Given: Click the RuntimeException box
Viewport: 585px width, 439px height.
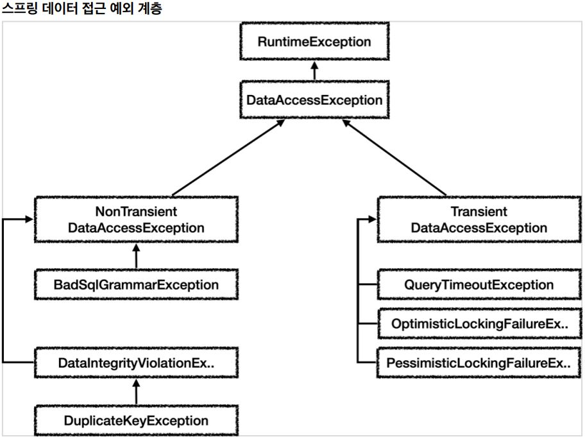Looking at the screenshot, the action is click(x=314, y=42).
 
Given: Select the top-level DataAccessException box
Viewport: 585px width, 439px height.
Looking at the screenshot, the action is click(x=314, y=99).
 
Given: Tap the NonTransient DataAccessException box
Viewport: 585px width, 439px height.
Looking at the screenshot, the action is click(x=136, y=219).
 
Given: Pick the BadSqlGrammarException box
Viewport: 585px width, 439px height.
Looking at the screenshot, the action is click(x=136, y=284).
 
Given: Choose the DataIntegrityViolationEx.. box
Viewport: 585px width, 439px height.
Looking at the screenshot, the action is click(x=136, y=363).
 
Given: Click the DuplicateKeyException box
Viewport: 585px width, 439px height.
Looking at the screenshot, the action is click(x=136, y=420).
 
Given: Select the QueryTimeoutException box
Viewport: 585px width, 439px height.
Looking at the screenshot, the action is click(x=479, y=284).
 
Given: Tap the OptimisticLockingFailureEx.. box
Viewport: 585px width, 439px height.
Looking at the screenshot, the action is click(x=479, y=323).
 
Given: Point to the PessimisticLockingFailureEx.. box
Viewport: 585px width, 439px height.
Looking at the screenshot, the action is click(x=479, y=363).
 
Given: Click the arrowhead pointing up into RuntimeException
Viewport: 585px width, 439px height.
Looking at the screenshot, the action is click(x=314, y=65).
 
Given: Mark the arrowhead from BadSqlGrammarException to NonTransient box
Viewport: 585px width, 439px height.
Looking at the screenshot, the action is click(x=136, y=248).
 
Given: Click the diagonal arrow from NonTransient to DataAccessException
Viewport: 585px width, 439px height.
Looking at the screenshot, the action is click(x=228, y=158).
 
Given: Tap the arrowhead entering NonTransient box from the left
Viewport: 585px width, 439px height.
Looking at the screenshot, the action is click(x=29, y=219).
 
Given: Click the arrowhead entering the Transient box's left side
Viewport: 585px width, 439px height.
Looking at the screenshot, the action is click(x=372, y=219).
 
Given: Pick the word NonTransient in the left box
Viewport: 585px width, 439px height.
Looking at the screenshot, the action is click(x=136, y=212).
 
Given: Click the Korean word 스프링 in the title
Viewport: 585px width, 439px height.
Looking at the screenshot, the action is click(x=20, y=8).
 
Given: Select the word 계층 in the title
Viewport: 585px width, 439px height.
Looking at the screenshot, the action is click(x=150, y=8).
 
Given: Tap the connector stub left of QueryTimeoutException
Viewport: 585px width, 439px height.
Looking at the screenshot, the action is click(x=368, y=284).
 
